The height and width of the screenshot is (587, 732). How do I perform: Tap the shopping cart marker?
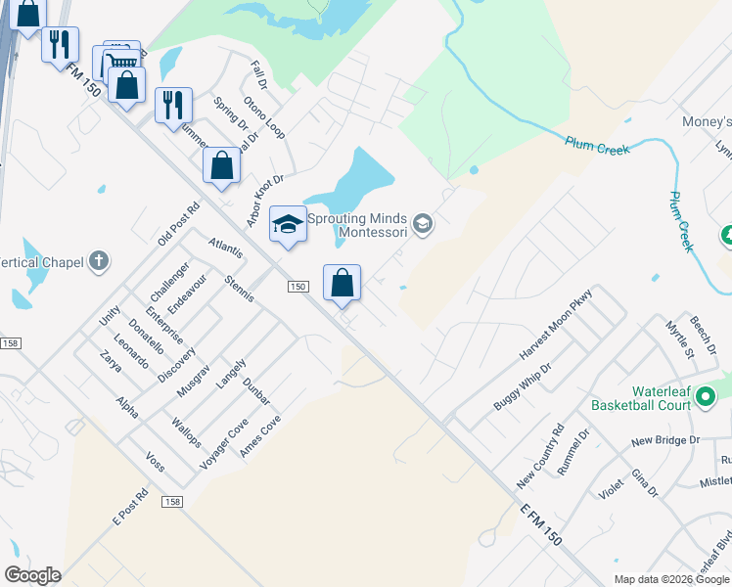point(120,61)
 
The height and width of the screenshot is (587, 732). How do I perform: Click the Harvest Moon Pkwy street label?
point(557,324)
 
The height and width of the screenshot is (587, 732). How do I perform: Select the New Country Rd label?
point(541,457)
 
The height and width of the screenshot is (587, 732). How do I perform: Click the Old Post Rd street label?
point(178,224)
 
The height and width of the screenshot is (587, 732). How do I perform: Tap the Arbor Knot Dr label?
point(264,202)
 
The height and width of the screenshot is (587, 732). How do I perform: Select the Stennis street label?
point(239,290)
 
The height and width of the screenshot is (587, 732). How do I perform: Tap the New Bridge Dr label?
point(665,441)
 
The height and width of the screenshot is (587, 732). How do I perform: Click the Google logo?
point(32,575)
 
